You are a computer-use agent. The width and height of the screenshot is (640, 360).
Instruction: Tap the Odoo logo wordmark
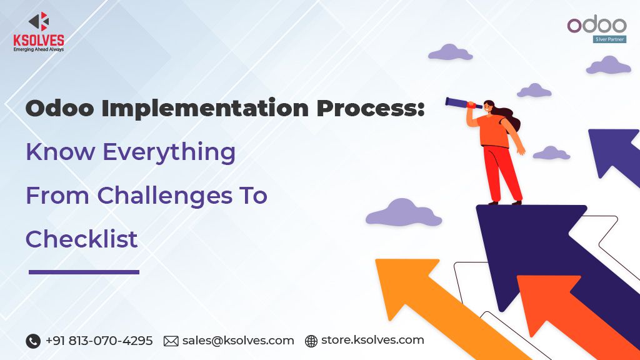point(596,25)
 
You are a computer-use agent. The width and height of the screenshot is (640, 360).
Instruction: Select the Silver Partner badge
point(609,39)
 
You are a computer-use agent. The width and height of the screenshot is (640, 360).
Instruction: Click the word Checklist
point(82,239)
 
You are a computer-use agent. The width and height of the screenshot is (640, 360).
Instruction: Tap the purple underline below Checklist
point(84,272)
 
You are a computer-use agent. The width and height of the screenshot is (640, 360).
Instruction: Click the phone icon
point(33,341)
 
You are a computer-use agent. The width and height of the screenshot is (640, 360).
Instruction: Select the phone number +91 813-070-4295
point(99,341)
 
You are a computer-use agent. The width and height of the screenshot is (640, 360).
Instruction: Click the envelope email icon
point(171,341)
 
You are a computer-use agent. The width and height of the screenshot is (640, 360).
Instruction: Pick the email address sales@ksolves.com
point(238,341)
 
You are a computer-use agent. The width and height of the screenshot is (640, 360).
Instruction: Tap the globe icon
point(311,341)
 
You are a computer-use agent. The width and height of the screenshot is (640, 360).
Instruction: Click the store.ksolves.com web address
point(372,341)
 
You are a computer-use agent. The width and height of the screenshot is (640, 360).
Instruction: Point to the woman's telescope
point(461,103)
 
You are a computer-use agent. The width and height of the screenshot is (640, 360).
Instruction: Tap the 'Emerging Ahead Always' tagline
point(39,49)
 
